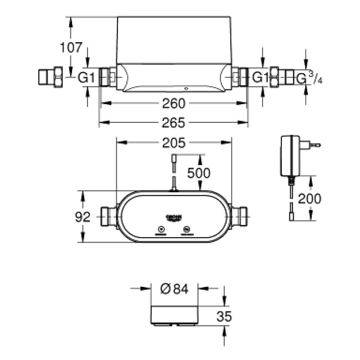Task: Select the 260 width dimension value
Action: tap(174, 104)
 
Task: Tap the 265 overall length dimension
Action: tap(174, 122)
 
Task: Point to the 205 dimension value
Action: tap(173, 145)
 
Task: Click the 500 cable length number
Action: tap(198, 173)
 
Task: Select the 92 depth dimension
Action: tap(83, 217)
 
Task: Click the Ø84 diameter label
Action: tap(175, 289)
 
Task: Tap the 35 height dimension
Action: tap(224, 316)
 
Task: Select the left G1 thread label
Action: tap(86, 78)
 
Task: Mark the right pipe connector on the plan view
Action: tap(240, 217)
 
